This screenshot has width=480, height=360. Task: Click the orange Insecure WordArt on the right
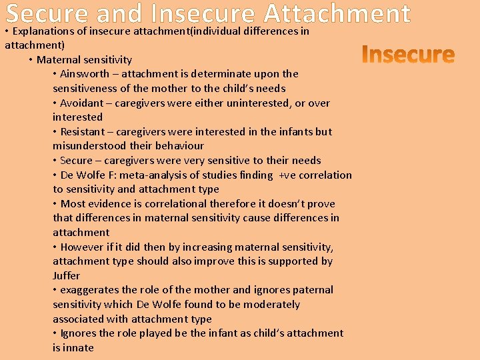408,54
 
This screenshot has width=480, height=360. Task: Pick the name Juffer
67,275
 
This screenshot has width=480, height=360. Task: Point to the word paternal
313,290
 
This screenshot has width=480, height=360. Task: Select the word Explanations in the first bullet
45,31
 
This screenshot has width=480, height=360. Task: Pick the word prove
321,204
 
